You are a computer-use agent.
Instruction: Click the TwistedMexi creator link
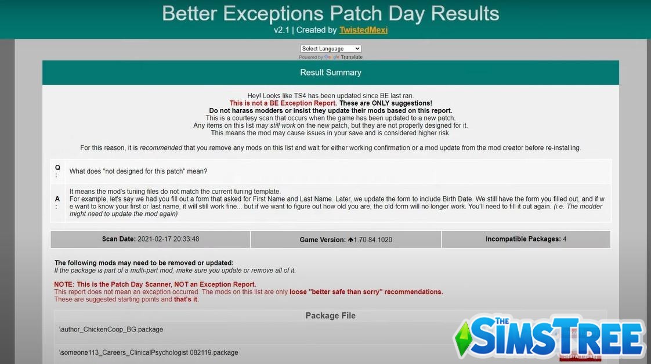[363, 30]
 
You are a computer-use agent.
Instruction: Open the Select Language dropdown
[331, 49]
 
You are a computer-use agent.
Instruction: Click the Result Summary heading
[331, 73]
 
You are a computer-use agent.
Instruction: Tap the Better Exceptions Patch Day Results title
[330, 13]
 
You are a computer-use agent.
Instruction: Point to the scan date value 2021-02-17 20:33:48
[168, 239]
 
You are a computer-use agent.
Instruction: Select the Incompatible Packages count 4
[565, 239]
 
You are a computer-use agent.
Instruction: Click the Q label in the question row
[57, 171]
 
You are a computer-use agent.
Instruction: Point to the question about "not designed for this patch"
[138, 171]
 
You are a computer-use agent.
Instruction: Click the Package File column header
[330, 316]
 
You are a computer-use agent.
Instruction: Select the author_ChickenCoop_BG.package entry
[111, 329]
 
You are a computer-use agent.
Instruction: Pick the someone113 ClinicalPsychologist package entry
[149, 352]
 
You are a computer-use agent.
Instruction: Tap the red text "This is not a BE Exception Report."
[283, 103]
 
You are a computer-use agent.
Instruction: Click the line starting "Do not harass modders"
[330, 110]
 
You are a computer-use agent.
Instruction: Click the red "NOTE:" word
[64, 284]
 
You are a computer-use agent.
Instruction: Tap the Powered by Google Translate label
[331, 57]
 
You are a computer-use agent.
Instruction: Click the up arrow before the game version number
[350, 240]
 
